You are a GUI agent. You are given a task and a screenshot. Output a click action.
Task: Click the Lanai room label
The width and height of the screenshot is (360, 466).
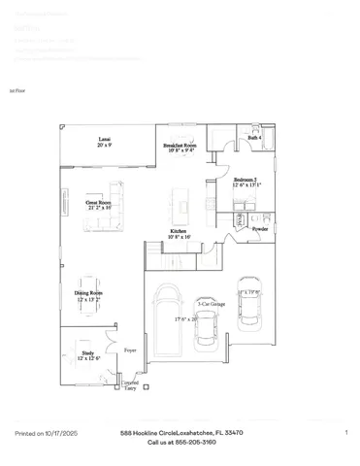103,140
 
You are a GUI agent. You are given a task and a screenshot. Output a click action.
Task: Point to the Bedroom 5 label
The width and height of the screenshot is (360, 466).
246,180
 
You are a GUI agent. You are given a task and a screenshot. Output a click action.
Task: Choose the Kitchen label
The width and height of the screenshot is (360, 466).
179,231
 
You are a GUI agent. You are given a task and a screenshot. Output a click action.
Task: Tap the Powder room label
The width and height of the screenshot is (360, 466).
259,228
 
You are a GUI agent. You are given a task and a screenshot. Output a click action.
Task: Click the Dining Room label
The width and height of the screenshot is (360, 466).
89,292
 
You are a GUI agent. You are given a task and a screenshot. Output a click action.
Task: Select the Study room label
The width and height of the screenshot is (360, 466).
88,353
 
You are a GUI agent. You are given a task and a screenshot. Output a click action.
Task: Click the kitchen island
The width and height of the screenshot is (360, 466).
180,205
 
